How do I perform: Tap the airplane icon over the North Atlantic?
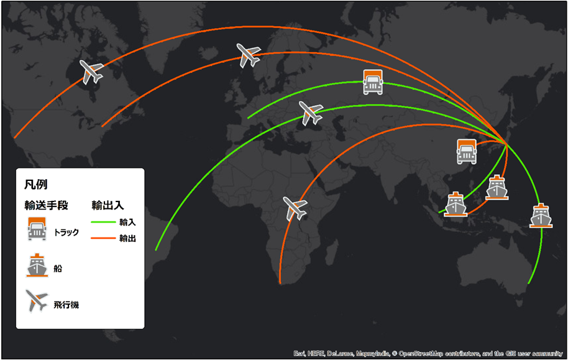[249, 55]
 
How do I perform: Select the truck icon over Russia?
[373, 82]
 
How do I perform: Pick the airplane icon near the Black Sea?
[311, 113]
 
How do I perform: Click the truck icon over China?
[467, 151]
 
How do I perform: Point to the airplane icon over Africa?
[295, 208]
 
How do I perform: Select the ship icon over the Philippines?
[497, 187]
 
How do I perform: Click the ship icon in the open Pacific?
[541, 215]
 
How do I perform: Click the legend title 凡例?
[36, 185]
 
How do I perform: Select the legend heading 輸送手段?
[46, 205]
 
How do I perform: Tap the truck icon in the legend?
[37, 228]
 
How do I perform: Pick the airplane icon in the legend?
[37, 302]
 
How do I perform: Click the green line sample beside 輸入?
[104, 221]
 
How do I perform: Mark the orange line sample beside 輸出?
[104, 238]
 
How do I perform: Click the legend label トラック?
[66, 233]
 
